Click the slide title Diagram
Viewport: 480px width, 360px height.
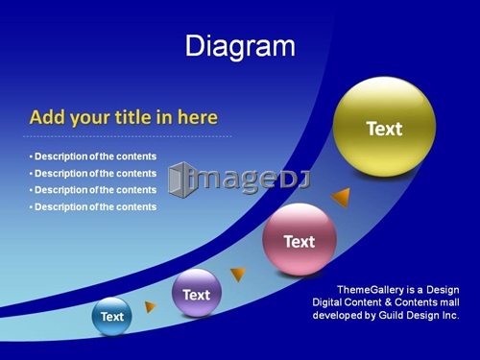pos(240,46)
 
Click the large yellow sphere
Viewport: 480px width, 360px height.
pos(384,127)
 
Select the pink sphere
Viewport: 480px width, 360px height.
pos(300,239)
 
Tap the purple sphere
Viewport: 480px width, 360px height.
pos(197,293)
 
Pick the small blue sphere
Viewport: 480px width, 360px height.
pos(111,316)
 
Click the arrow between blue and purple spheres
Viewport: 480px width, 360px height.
pos(150,306)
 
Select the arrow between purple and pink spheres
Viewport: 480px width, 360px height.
pos(238,275)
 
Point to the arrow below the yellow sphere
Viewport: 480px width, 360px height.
pos(342,198)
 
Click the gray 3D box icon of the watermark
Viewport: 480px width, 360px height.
pos(180,180)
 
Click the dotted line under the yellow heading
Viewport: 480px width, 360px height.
pos(128,136)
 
